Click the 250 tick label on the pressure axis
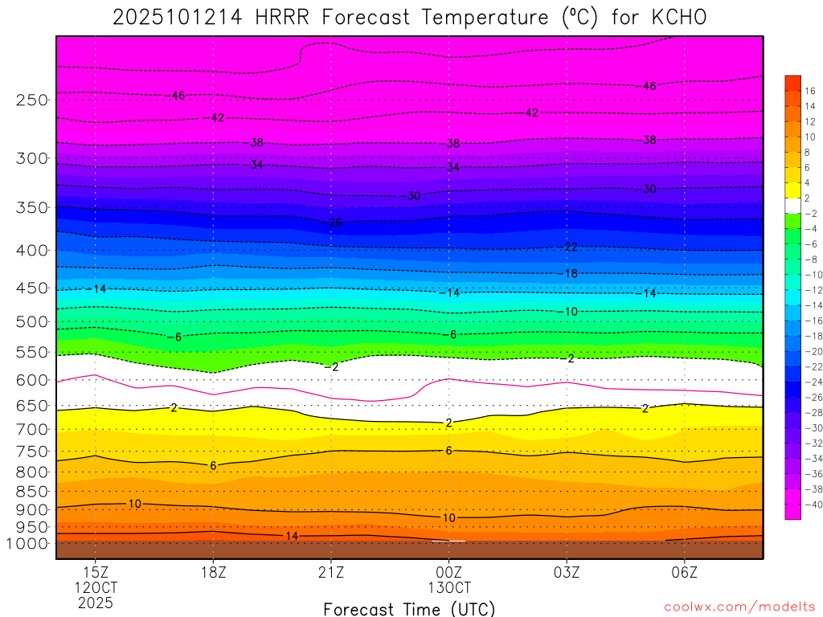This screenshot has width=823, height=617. (x=31, y=100)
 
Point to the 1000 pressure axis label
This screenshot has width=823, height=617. (x=29, y=543)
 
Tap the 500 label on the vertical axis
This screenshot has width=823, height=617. (x=31, y=322)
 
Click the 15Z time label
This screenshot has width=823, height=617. (x=96, y=573)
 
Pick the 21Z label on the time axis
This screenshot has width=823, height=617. (x=331, y=573)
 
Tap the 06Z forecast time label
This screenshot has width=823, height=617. (x=684, y=573)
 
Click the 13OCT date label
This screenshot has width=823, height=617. (x=448, y=588)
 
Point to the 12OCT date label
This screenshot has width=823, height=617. (x=96, y=588)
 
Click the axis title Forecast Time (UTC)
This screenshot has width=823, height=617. (x=409, y=609)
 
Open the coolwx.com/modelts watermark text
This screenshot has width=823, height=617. (x=739, y=607)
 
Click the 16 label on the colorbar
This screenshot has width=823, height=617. (x=809, y=91)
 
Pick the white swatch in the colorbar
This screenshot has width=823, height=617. (x=792, y=205)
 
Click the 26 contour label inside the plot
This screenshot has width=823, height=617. (x=336, y=223)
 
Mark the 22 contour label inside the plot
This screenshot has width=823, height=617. (x=571, y=247)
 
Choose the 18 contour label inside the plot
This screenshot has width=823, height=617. (x=571, y=274)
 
